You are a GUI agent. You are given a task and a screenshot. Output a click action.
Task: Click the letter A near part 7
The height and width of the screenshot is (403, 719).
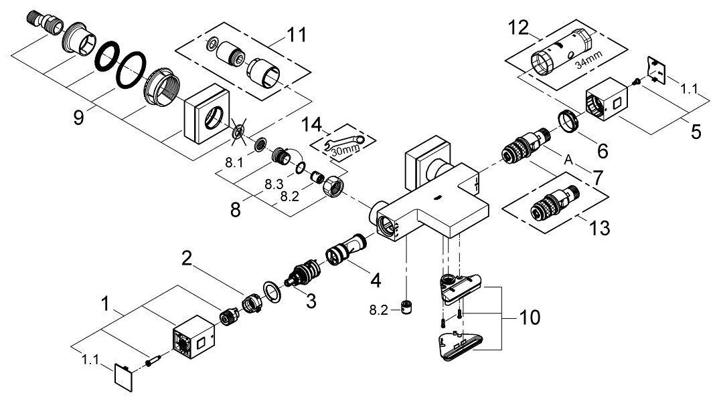tap(568, 160)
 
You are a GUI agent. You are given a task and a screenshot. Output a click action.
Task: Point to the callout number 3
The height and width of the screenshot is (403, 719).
tap(310, 301)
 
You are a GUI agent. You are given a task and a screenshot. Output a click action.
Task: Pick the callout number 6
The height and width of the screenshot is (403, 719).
tap(603, 150)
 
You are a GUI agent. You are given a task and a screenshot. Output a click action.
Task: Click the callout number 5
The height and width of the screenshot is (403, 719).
tap(696, 132)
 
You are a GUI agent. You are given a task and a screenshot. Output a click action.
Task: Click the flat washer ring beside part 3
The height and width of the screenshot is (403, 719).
tap(271, 291)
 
